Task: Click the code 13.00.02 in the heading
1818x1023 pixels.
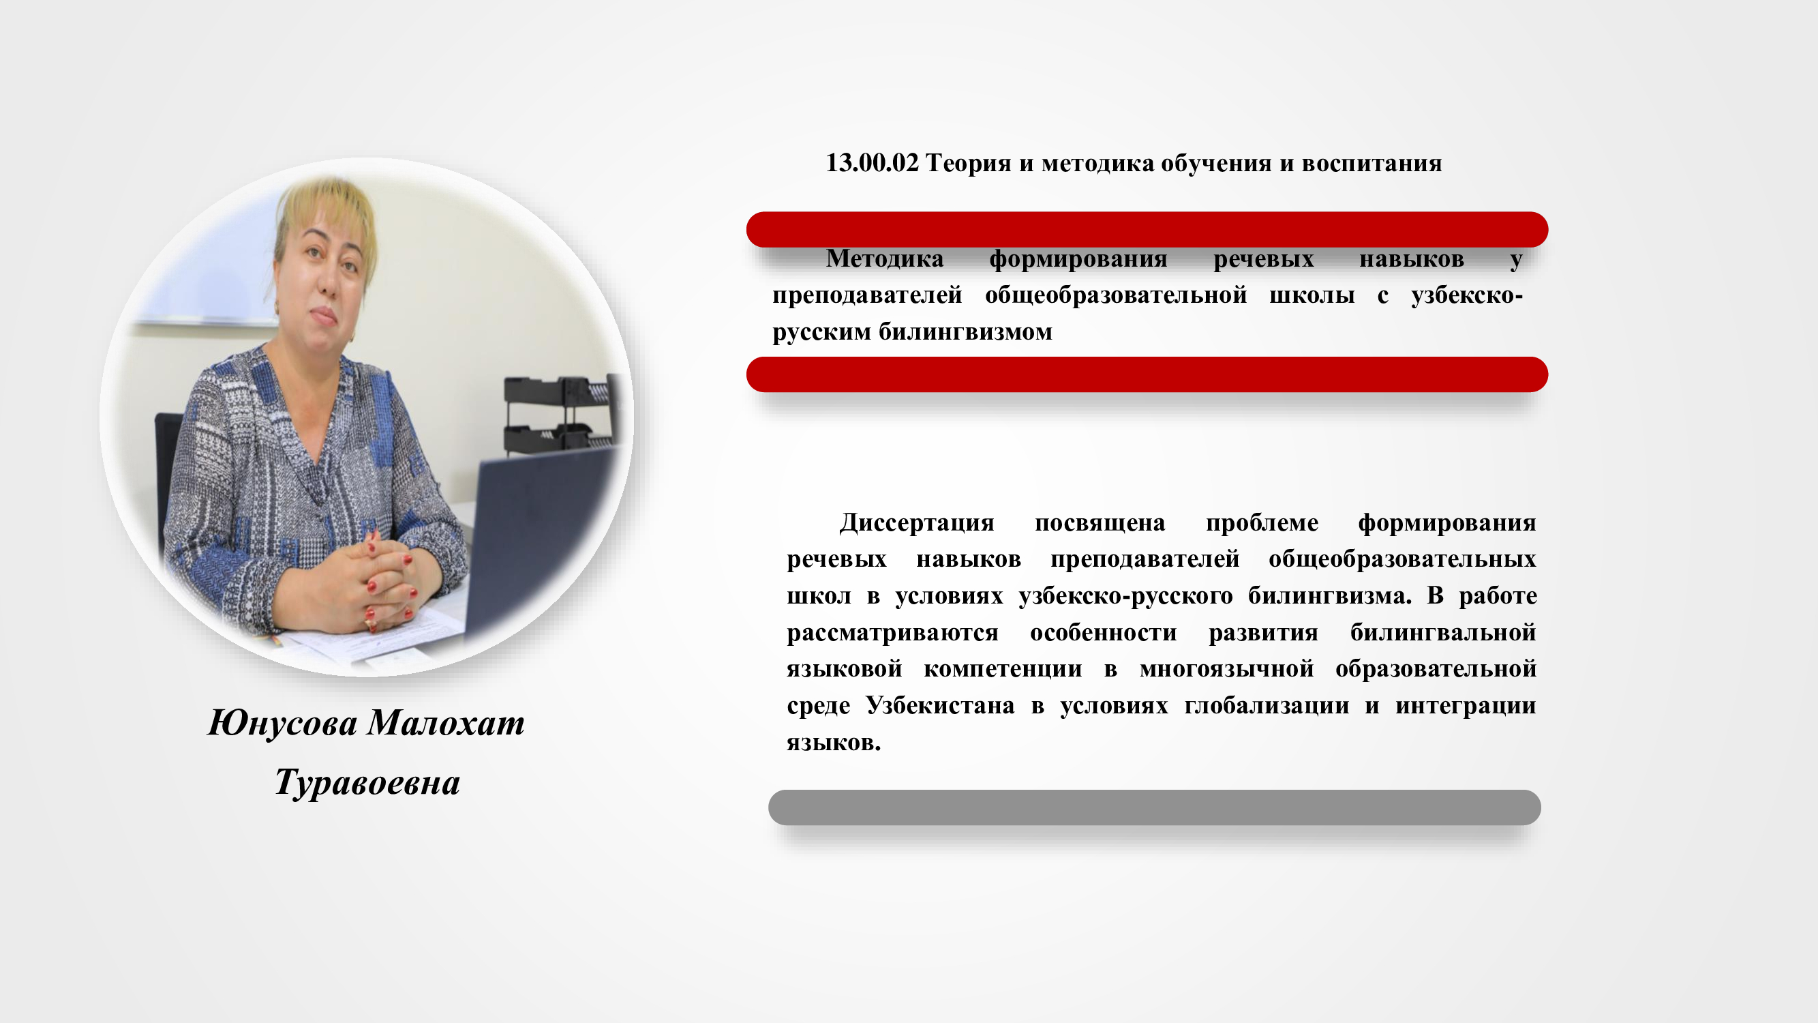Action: [x=873, y=163]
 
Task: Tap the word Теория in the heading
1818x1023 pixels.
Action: [x=968, y=164]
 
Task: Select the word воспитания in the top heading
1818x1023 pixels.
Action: [x=1372, y=163]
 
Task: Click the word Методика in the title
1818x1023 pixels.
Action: [x=885, y=258]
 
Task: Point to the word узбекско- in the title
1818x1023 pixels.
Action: [x=1467, y=295]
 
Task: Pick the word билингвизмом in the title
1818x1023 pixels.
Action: [x=965, y=332]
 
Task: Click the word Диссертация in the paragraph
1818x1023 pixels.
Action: [x=917, y=523]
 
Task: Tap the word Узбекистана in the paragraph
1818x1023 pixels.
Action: [x=940, y=706]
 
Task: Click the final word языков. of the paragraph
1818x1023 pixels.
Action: [x=834, y=743]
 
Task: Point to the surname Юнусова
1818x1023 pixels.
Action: [x=282, y=723]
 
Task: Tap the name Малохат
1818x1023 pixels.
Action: [x=446, y=723]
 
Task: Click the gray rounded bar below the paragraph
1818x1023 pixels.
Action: [x=1155, y=807]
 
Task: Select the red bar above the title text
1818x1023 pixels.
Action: [x=1147, y=229]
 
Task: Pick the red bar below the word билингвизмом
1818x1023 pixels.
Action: [x=1147, y=374]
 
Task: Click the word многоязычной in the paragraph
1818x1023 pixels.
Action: [x=1226, y=669]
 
